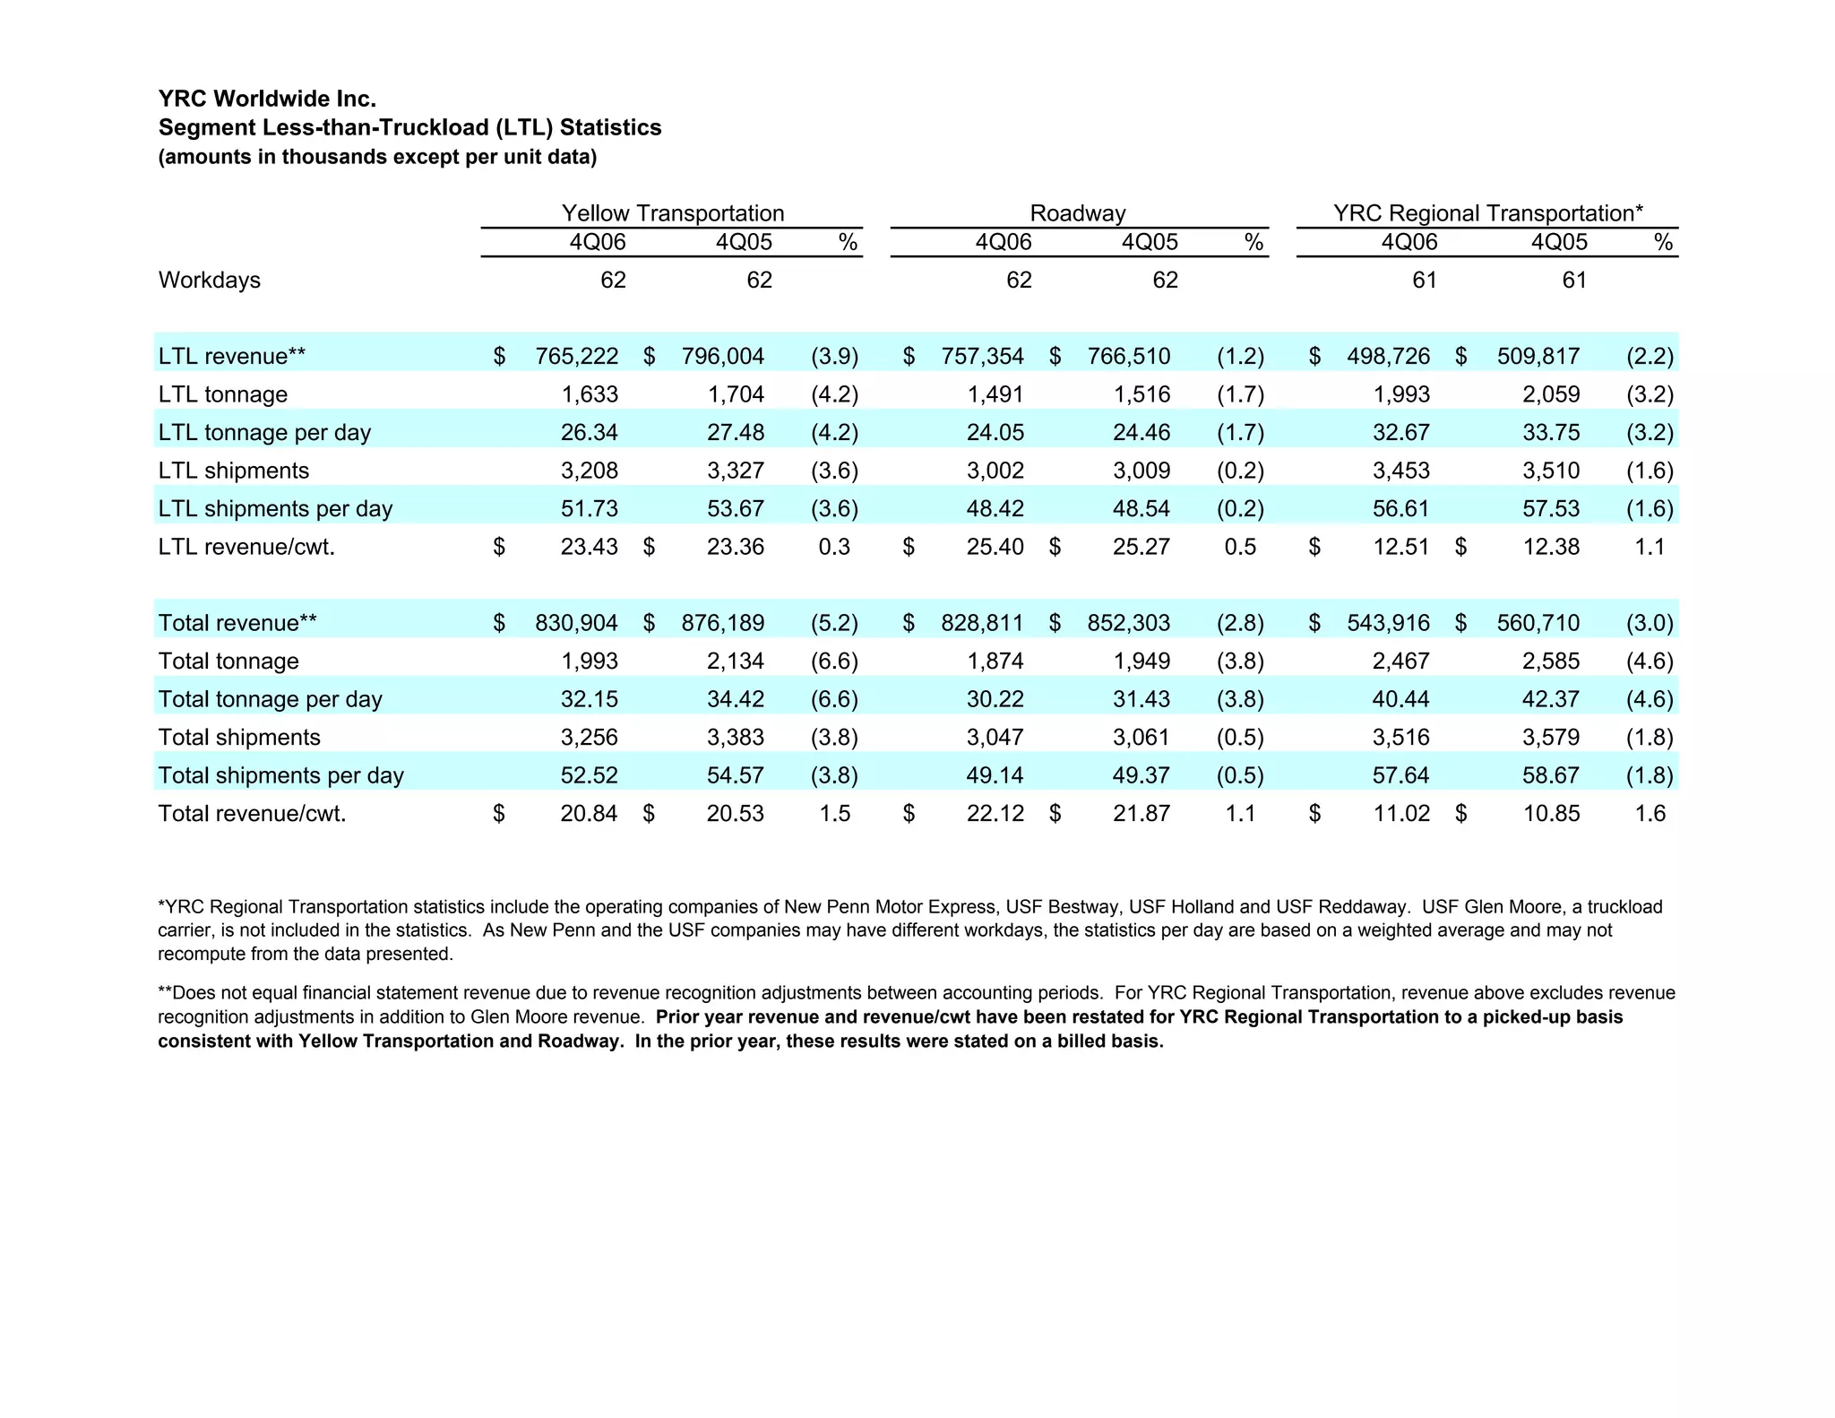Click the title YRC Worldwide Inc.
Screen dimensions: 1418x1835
tap(267, 99)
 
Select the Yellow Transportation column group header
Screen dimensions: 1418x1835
tap(672, 213)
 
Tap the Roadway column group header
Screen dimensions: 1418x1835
tap(1077, 213)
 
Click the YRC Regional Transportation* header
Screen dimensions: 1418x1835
tap(1487, 213)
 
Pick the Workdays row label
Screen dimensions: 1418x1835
tap(210, 281)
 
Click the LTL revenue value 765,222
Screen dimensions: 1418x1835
tap(576, 357)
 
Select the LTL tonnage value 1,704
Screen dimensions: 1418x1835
tap(736, 394)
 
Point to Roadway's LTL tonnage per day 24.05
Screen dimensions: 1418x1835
tap(995, 433)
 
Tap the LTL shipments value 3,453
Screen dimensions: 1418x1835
tap(1400, 471)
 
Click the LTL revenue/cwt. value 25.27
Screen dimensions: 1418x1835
tap(1141, 547)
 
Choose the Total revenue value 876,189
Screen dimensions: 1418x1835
tap(722, 623)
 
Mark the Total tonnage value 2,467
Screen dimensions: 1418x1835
tap(1400, 661)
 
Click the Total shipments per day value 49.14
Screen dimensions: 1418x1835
tap(995, 775)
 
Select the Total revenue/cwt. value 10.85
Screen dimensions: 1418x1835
tap(1551, 814)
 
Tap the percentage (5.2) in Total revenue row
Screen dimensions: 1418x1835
tap(834, 623)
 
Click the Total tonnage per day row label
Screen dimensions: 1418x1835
tap(270, 699)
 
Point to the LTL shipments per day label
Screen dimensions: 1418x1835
tap(275, 509)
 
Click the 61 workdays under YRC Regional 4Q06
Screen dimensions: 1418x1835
tap(1424, 281)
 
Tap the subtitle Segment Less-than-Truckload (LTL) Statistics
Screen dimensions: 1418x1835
tap(409, 127)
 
